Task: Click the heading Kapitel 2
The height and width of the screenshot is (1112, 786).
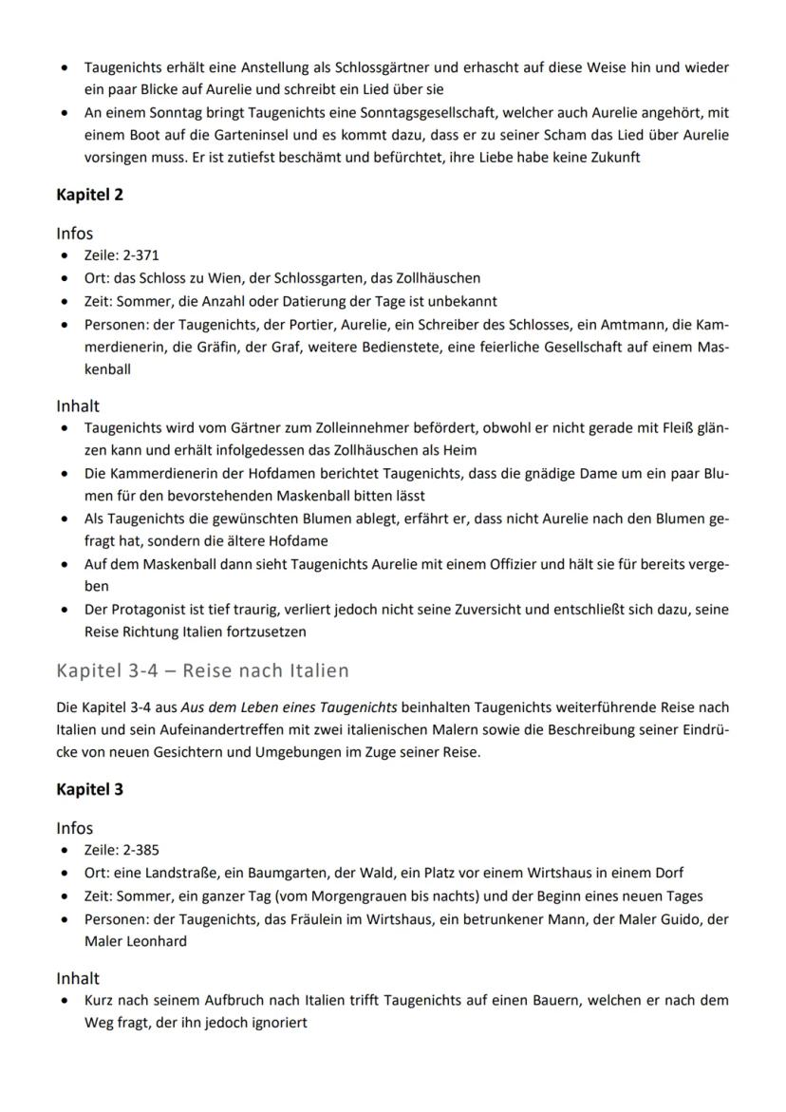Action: (89, 196)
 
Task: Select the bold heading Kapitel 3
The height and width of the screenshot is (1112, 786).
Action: (89, 789)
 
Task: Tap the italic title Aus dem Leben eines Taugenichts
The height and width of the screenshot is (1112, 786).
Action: (292, 707)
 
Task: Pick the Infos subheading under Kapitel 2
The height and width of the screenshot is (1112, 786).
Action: (75, 233)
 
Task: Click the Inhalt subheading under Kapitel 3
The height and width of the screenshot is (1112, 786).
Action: (78, 977)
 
